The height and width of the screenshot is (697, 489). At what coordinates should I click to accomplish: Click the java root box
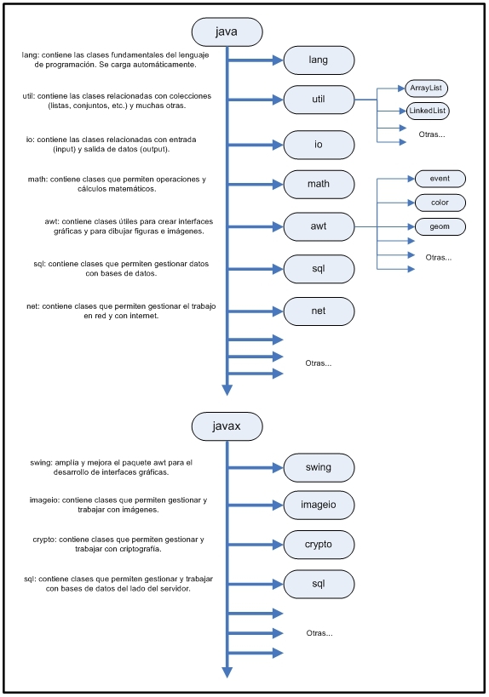tap(227, 32)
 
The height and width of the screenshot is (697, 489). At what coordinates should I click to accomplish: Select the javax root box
tap(227, 424)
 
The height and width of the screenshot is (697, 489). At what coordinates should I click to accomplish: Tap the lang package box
tap(319, 60)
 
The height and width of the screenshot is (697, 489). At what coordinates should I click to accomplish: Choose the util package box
tap(319, 100)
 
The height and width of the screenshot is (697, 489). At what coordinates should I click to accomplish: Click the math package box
tap(319, 185)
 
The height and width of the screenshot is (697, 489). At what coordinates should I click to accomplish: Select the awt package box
tap(319, 227)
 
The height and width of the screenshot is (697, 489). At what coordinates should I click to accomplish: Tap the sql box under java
tap(319, 269)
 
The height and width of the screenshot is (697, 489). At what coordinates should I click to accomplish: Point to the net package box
tap(319, 311)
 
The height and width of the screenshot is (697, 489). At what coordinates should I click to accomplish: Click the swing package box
tap(319, 467)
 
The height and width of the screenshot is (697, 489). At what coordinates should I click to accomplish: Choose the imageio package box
tap(319, 505)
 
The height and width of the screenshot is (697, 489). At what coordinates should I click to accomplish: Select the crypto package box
tap(319, 545)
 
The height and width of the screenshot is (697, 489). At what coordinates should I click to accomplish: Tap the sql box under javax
tap(319, 584)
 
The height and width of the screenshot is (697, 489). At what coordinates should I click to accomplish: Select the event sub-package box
tap(440, 179)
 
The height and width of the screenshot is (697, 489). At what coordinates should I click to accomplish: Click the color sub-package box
tap(440, 203)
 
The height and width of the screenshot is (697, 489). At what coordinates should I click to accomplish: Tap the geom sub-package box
tap(440, 226)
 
